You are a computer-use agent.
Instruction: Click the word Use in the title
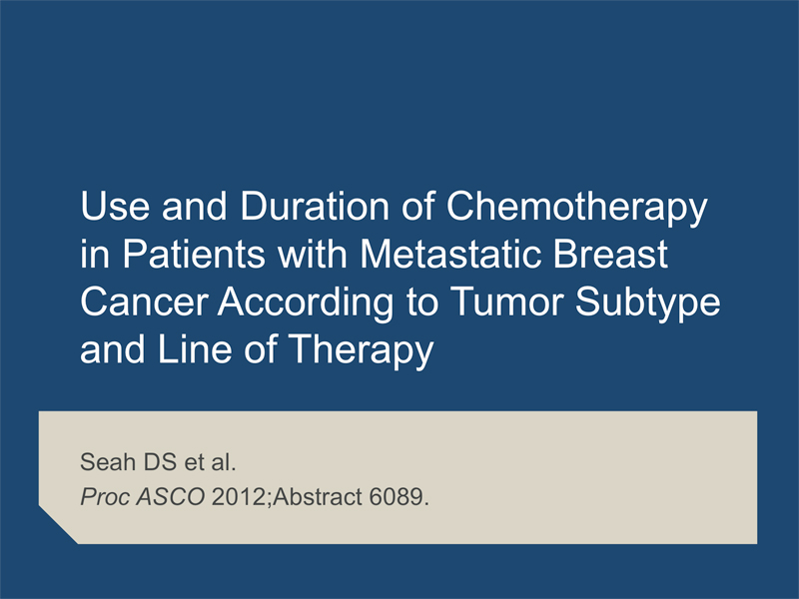pyautogui.click(x=115, y=206)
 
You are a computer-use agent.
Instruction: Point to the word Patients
pyautogui.click(x=194, y=254)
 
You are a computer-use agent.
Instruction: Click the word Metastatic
pyautogui.click(x=451, y=254)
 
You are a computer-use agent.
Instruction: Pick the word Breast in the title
pyautogui.click(x=610, y=254)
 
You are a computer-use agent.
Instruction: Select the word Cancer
pyautogui.click(x=144, y=301)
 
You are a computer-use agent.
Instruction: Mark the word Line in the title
pyautogui.click(x=195, y=349)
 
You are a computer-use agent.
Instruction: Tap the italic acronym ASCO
pyautogui.click(x=171, y=496)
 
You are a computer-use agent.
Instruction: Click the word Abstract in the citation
pyautogui.click(x=318, y=496)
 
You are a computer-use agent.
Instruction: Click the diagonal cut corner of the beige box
pyautogui.click(x=58, y=525)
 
